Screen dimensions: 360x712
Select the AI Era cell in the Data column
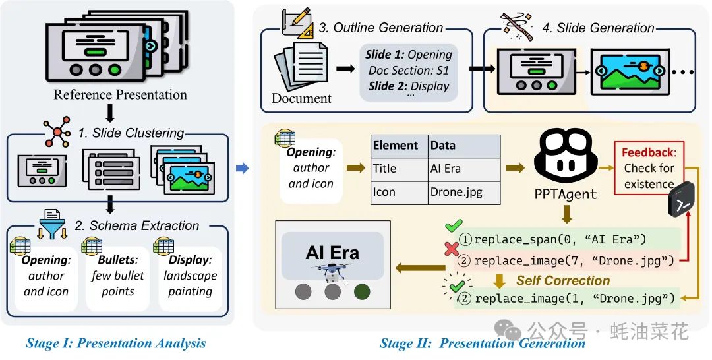(x=446, y=169)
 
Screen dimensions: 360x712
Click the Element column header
(x=396, y=146)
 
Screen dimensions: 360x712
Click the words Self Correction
(x=562, y=280)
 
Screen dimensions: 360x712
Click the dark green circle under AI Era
(x=361, y=291)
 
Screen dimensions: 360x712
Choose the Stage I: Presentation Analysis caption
(x=116, y=343)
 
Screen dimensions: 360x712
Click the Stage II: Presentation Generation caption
(x=483, y=343)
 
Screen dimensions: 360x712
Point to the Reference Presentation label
(x=120, y=94)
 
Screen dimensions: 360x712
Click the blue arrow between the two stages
(x=242, y=169)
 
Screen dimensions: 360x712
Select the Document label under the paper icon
(x=301, y=98)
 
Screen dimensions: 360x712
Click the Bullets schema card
(x=118, y=275)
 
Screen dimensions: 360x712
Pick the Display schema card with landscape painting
(x=190, y=275)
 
